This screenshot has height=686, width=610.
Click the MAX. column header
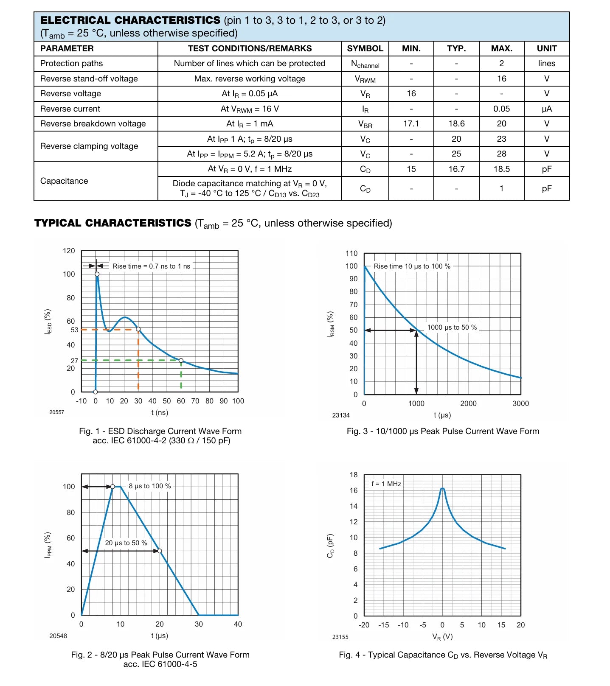501,48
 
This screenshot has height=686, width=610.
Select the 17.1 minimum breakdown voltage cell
411,123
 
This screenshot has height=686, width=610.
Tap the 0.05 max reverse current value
501,109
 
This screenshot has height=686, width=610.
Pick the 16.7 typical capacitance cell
456,169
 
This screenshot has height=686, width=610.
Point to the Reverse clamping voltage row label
89,146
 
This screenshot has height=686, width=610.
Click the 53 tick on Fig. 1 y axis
75,330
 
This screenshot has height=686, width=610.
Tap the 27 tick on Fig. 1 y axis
75,361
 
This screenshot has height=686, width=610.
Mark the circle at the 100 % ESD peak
97,274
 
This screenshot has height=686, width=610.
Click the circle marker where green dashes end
181,361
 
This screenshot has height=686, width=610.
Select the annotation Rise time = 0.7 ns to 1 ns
151,266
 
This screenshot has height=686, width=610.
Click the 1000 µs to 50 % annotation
452,327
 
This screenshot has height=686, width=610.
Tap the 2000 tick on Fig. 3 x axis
468,403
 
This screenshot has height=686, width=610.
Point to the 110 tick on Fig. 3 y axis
351,253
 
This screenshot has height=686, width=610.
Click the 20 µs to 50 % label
126,543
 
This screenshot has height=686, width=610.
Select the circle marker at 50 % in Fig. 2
160,551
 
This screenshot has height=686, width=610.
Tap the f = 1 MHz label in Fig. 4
386,484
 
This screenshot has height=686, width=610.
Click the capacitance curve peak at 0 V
442,489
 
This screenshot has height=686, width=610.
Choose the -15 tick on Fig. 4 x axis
383,625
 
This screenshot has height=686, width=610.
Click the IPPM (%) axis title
48,545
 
